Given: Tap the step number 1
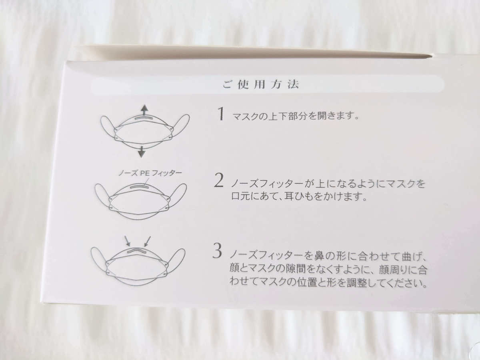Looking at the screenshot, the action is [x=220, y=114].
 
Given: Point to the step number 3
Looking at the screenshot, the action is [x=217, y=251].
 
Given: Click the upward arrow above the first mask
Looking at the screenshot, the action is [x=144, y=110].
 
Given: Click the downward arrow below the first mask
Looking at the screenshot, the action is [x=142, y=152].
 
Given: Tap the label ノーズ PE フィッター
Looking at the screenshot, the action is [x=150, y=173].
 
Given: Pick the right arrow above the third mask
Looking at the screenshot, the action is [x=147, y=241].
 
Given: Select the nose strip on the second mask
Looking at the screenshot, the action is [x=140, y=186].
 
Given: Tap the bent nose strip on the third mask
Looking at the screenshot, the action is [x=137, y=250].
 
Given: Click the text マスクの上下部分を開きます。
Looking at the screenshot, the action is [x=296, y=116].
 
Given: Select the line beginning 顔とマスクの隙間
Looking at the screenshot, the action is [x=328, y=270].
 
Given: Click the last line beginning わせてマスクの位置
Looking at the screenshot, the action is [x=328, y=283].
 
